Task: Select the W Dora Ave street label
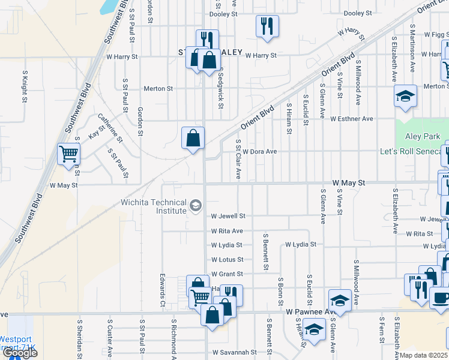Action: click(x=259, y=152)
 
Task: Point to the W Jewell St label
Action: click(x=228, y=216)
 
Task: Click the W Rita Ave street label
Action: click(x=227, y=231)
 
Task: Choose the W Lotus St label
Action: click(x=227, y=260)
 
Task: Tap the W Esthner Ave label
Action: click(x=351, y=119)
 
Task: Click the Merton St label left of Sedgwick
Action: click(x=158, y=89)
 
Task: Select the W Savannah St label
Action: click(x=235, y=352)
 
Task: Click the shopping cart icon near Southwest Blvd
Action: click(x=68, y=154)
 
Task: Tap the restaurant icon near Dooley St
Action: click(x=267, y=26)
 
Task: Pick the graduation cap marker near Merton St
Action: click(x=405, y=95)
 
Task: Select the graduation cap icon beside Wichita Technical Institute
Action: click(x=195, y=206)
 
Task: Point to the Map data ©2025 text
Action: click(x=424, y=355)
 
